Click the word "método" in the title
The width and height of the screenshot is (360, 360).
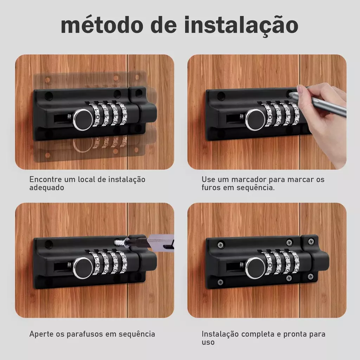pyautogui.click(x=102, y=25)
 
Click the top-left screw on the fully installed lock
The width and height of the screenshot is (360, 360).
pyautogui.click(x=221, y=245)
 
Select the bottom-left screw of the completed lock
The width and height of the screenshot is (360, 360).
pyautogui.click(x=220, y=282)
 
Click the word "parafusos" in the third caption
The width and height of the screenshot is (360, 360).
pyautogui.click(x=85, y=334)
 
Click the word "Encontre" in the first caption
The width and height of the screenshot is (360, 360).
pyautogui.click(x=45, y=179)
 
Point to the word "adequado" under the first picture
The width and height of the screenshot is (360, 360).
pyautogui.click(x=47, y=188)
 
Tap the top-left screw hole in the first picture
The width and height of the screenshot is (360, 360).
pyautogui.click(x=49, y=96)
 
